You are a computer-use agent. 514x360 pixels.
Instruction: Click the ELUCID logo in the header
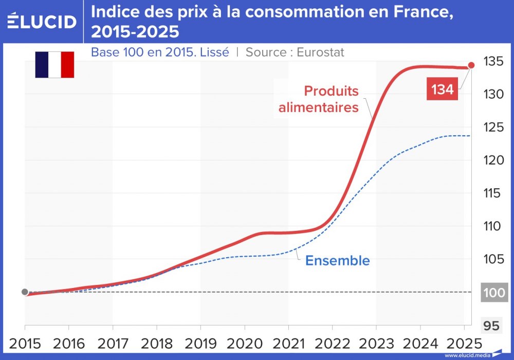42,22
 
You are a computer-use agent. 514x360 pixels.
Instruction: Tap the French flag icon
54,65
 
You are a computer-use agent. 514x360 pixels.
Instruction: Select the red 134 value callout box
442,89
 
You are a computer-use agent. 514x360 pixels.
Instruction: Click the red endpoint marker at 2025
471,65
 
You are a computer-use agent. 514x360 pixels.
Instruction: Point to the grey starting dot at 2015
25,292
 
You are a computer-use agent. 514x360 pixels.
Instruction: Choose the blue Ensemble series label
337,261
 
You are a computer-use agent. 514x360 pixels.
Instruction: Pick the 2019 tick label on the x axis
200,343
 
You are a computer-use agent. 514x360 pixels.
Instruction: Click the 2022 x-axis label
332,343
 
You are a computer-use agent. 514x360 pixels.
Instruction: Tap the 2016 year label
69,343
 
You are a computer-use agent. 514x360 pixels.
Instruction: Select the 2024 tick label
420,343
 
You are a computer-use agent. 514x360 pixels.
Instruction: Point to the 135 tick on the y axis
492,62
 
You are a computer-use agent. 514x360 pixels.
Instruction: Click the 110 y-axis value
492,226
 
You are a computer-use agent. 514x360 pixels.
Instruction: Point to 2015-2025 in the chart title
135,32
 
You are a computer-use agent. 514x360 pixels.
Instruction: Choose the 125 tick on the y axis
492,128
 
